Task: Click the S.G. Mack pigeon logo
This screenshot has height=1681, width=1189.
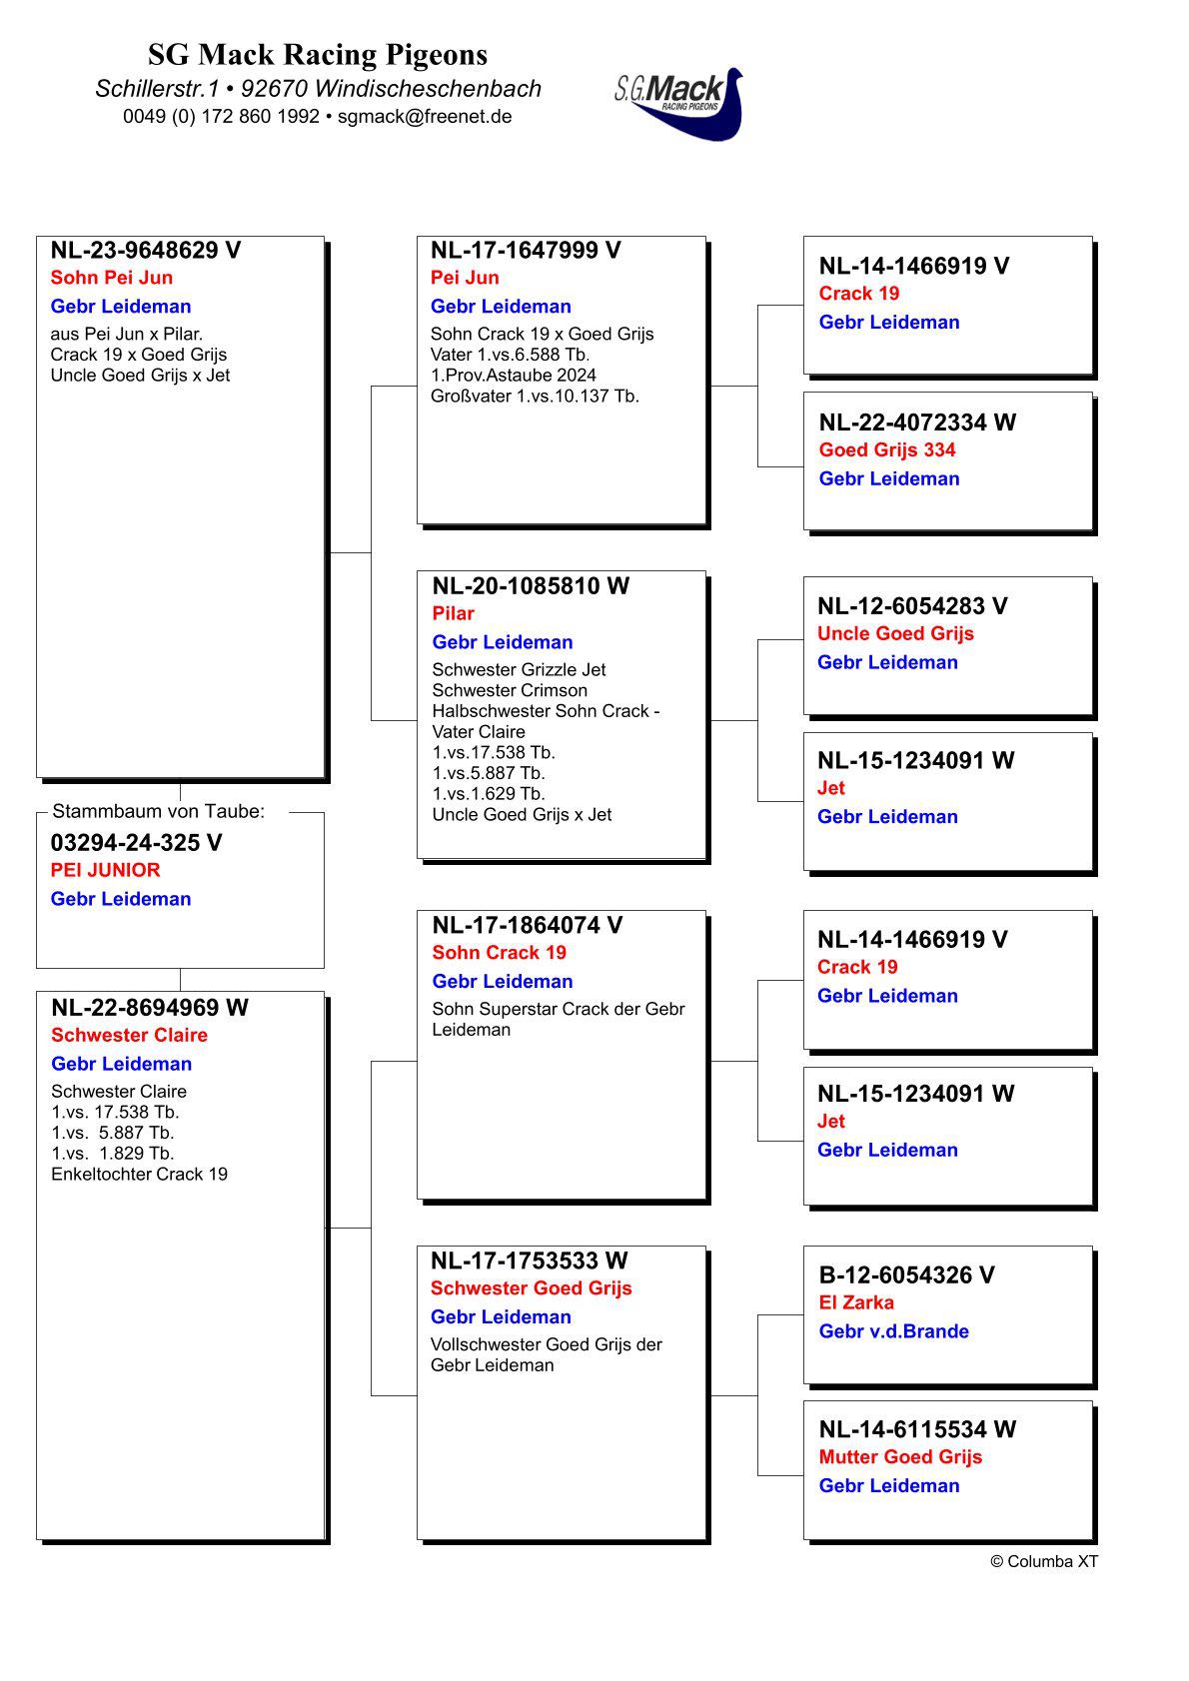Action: (679, 102)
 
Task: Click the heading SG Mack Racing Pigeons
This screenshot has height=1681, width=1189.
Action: (318, 54)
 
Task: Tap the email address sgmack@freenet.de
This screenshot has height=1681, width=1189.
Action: (425, 116)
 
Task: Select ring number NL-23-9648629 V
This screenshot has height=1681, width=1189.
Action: (146, 251)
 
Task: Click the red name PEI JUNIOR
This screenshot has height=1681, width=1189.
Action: (105, 870)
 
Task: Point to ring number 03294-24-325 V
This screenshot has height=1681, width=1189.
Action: (136, 843)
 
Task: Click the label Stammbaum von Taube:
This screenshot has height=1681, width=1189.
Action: (158, 812)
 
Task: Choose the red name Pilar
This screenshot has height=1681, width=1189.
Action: (453, 613)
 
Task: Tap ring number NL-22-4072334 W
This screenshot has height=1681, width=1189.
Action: (917, 422)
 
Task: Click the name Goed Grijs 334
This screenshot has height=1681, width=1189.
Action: (887, 450)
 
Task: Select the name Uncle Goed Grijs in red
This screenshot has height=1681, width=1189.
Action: (895, 634)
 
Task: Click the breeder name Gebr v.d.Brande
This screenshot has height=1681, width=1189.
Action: (893, 1331)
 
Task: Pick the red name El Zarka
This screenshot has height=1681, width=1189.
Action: (856, 1303)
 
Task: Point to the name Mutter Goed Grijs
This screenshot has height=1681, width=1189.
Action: (900, 1458)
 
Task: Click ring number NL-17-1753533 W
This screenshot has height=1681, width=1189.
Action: (529, 1261)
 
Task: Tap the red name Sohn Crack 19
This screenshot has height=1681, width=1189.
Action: (499, 953)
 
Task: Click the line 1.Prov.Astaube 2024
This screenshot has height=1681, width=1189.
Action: (513, 376)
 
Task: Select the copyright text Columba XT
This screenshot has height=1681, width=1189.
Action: (1044, 1562)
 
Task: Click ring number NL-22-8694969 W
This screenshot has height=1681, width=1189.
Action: (150, 1008)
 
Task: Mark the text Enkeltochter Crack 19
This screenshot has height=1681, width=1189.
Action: (139, 1175)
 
